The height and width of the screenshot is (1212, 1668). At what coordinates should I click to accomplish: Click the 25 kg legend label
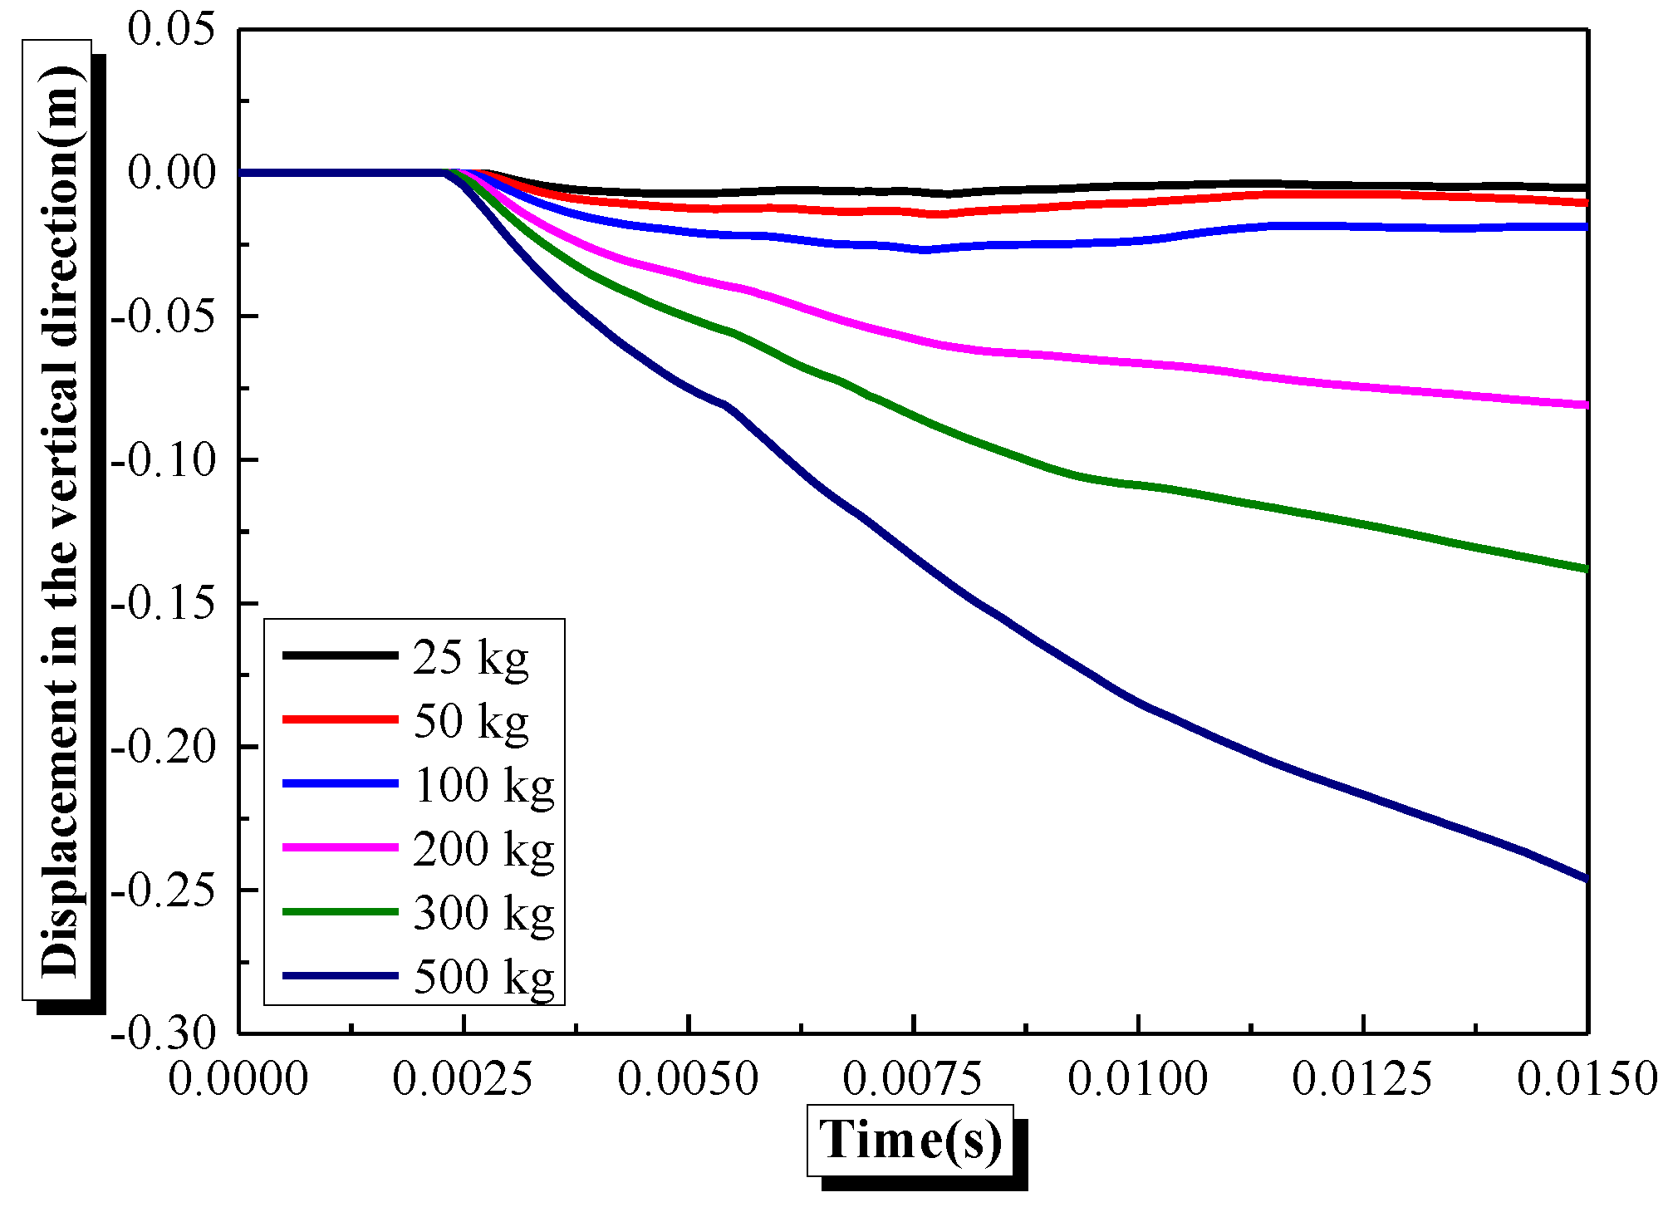coord(470,659)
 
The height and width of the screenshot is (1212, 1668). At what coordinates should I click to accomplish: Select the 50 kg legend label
coord(470,722)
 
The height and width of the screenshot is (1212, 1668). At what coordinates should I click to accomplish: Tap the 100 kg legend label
coord(483,786)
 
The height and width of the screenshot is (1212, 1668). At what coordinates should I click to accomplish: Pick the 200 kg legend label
coord(483,850)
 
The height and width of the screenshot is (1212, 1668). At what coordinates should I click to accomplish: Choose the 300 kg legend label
coord(483,914)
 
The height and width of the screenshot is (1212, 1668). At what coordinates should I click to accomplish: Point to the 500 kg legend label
coord(483,977)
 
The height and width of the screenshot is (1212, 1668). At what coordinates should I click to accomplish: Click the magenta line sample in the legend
coord(341,847)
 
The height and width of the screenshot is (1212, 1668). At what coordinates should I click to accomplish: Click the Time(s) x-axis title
coord(910,1140)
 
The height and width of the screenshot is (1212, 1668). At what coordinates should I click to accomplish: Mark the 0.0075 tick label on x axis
coord(913,1079)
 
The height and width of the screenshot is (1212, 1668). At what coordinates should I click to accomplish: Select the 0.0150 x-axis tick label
coord(1587,1079)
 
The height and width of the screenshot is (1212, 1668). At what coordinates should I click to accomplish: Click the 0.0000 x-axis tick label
coord(238,1079)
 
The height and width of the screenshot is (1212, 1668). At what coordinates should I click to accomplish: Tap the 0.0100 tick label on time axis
coord(1138,1079)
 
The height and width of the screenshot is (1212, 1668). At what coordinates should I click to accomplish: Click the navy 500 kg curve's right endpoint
coord(1586,878)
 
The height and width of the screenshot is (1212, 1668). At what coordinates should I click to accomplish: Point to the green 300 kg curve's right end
coord(1586,568)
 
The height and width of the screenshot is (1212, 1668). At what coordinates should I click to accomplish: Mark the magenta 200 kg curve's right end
coord(1586,405)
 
